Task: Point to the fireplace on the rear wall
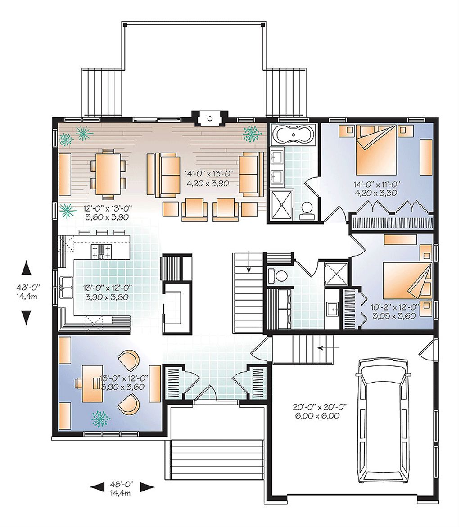pos(209,118)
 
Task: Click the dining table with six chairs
pos(108,173)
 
